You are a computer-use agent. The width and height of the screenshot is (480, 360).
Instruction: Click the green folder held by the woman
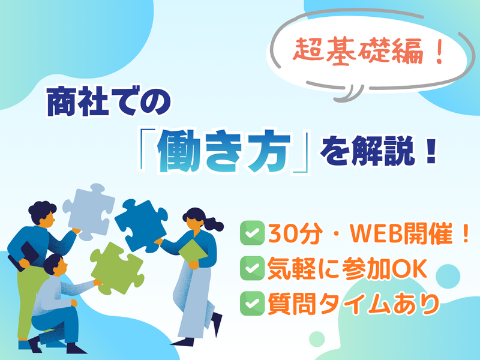(193, 253)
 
